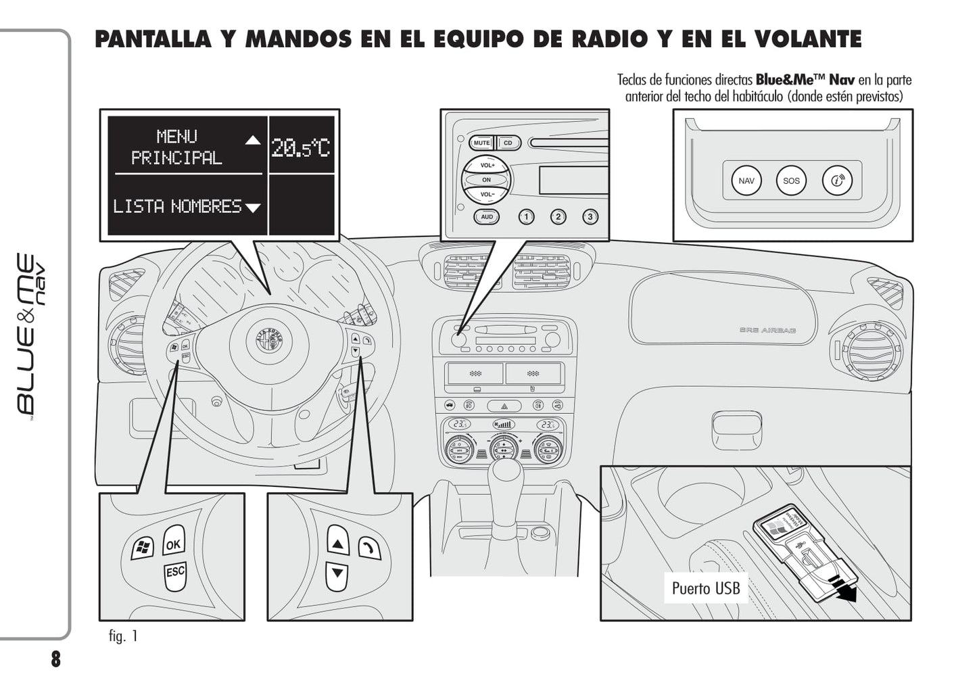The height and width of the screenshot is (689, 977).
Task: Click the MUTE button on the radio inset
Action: click(x=482, y=143)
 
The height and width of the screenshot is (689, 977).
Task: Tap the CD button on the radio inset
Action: click(x=508, y=143)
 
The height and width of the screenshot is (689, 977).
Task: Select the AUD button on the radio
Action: click(x=487, y=217)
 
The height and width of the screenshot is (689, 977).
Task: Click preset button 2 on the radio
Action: click(x=558, y=217)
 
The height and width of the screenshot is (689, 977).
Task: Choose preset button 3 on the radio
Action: click(x=590, y=217)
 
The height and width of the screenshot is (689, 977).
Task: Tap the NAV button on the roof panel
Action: click(x=746, y=181)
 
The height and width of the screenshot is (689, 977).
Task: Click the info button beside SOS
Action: click(x=837, y=181)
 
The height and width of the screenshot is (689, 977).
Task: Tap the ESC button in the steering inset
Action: click(x=175, y=573)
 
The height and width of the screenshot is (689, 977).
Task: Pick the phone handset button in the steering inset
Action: click(x=368, y=548)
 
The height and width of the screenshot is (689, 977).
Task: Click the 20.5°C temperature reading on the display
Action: click(x=301, y=147)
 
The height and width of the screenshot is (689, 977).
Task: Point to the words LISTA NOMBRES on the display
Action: click(x=177, y=206)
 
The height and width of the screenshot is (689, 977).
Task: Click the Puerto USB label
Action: click(x=705, y=588)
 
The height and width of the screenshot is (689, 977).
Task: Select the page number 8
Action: click(x=55, y=659)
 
